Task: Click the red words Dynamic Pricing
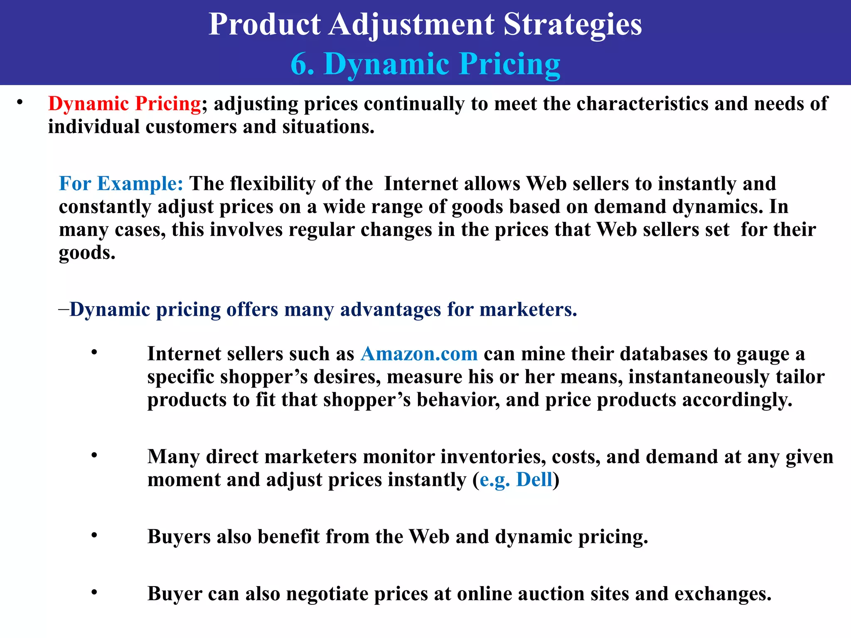[x=125, y=104]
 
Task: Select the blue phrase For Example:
[x=121, y=184]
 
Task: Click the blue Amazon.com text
[x=419, y=354]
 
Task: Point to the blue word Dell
[x=534, y=480]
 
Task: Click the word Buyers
[x=179, y=537]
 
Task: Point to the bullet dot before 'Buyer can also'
[x=94, y=592]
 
